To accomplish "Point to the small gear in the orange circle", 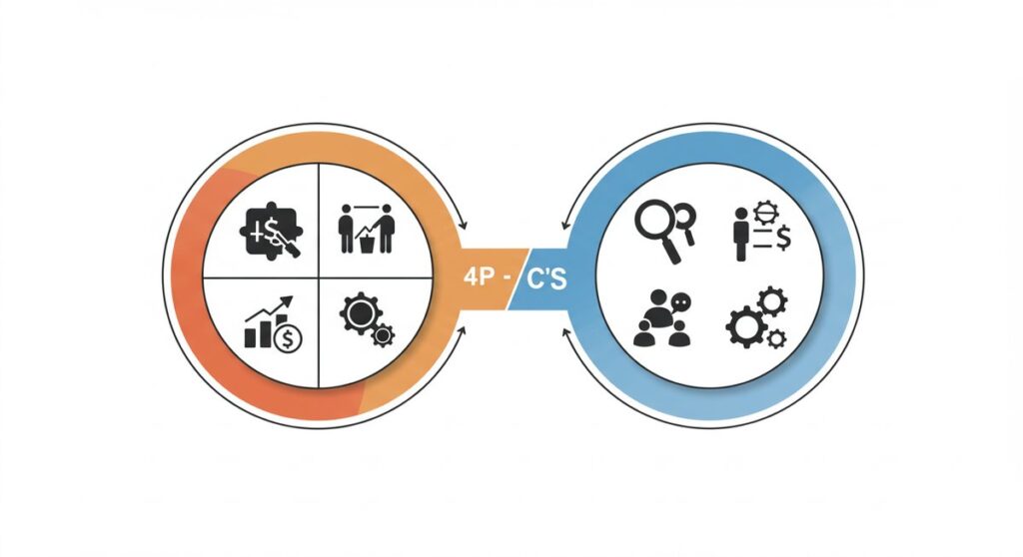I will (x=383, y=337).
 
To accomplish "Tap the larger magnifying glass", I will (x=657, y=225).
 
